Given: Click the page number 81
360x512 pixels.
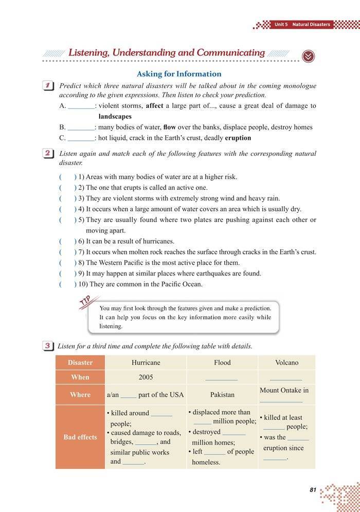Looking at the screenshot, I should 313,490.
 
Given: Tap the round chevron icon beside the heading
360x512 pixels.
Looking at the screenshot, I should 308,56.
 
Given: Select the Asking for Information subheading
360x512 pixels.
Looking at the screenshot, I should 179,74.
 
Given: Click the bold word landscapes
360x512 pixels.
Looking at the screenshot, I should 115,117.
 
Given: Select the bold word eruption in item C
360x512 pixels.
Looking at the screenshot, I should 238,138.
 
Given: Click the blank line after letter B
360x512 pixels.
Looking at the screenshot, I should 81,127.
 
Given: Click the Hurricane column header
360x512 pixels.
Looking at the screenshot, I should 146,362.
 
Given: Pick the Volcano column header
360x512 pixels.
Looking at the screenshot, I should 286,362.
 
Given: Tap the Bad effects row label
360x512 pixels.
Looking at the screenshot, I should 80,437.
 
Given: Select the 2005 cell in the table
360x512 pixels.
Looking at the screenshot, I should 146,377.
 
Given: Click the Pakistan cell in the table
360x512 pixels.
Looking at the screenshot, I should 222,395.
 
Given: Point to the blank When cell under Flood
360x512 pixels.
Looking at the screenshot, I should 222,378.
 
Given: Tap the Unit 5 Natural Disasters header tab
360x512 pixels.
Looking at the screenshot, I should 302,24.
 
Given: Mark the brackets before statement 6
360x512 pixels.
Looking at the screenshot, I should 68,241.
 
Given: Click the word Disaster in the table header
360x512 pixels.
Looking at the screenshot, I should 80,362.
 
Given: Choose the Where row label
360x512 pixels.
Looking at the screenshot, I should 80,395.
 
